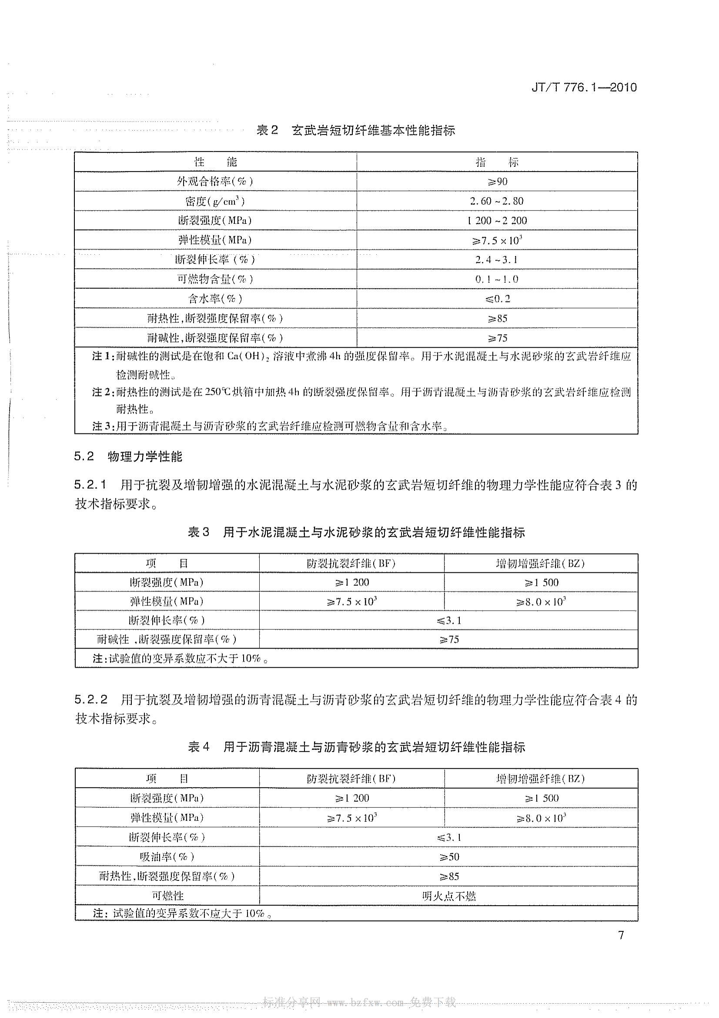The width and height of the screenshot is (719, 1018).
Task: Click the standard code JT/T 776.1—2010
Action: tap(584, 87)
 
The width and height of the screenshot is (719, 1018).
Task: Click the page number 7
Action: tap(621, 935)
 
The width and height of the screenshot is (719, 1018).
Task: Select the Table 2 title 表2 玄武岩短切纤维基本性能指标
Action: tap(356, 131)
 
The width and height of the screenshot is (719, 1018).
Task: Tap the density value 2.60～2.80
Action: tap(497, 201)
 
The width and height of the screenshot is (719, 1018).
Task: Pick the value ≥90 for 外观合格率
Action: tap(497, 181)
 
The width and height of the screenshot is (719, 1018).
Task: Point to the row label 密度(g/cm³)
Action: tap(215, 202)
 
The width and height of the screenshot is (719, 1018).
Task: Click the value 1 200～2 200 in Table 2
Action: tap(497, 220)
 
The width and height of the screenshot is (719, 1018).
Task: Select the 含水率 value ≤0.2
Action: tap(497, 299)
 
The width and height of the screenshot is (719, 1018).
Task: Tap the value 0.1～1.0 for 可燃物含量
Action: tap(497, 279)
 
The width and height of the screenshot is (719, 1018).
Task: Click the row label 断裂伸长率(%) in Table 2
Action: tap(215, 260)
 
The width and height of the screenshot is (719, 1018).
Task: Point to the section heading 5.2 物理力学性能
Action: tap(128, 457)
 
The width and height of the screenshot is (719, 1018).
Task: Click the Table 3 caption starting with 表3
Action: tap(356, 532)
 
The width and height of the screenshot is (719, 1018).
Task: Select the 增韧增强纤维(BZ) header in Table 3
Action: tap(541, 564)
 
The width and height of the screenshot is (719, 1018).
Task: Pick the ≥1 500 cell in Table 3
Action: tap(541, 583)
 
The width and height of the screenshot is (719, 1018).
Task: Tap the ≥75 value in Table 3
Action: tap(448, 639)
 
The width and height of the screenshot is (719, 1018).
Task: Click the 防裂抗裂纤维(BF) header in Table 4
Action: tap(351, 779)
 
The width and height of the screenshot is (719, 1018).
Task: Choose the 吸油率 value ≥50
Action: tap(449, 857)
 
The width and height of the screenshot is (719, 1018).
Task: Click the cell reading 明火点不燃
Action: tap(449, 897)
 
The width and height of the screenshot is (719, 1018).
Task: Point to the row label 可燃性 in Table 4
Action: tap(167, 896)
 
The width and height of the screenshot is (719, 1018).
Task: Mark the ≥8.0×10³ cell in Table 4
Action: tap(541, 818)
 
